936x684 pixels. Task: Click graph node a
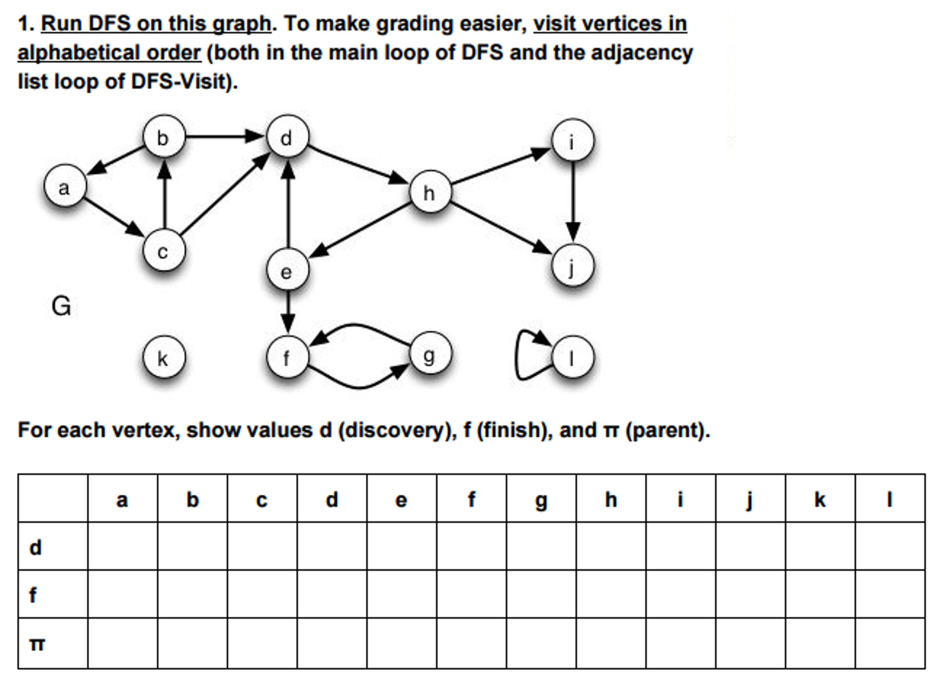pyautogui.click(x=65, y=186)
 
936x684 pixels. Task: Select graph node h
pyautogui.click(x=430, y=192)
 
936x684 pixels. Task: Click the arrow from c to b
pyautogui.click(x=164, y=194)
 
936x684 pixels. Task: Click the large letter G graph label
pyautogui.click(x=61, y=306)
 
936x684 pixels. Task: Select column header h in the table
pyautogui.click(x=611, y=499)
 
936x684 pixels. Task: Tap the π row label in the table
pyautogui.click(x=37, y=644)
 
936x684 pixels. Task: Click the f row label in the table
pyautogui.click(x=33, y=594)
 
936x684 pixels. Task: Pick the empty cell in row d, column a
pyautogui.click(x=123, y=546)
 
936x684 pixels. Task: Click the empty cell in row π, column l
pyautogui.click(x=890, y=643)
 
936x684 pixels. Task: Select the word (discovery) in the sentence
pyautogui.click(x=397, y=430)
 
